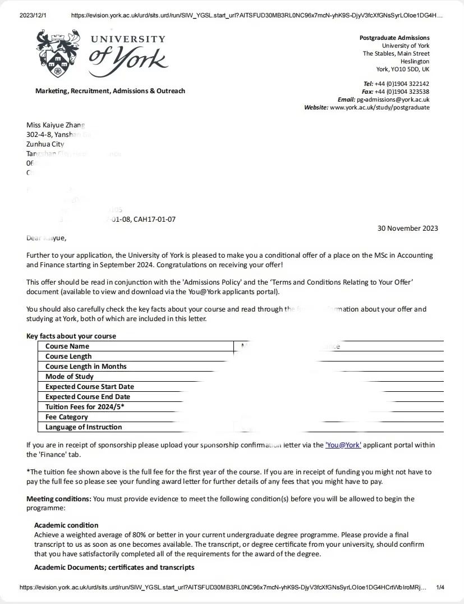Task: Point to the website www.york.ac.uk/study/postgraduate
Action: (x=380, y=107)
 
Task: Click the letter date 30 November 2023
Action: (x=408, y=228)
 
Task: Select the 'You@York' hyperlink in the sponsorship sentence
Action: (x=343, y=445)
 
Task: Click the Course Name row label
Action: (x=67, y=346)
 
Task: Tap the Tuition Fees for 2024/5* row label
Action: (x=85, y=407)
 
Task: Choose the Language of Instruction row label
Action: (x=84, y=427)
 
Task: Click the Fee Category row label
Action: (x=67, y=417)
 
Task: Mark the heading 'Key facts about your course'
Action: (x=71, y=336)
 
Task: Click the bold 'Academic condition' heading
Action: (x=66, y=525)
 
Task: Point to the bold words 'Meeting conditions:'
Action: (x=59, y=499)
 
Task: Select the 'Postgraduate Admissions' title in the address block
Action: (x=394, y=38)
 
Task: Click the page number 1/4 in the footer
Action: (x=440, y=588)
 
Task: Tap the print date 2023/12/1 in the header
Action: (x=33, y=16)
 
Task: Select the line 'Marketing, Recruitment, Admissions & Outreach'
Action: (x=110, y=91)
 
